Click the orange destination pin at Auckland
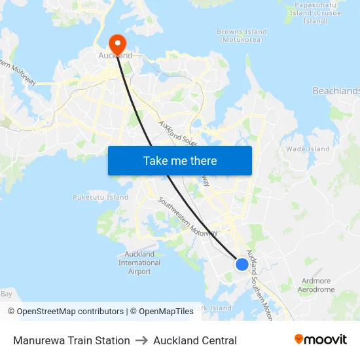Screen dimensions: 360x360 (x=118, y=45)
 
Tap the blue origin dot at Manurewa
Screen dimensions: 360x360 (x=242, y=264)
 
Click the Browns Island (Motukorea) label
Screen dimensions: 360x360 (x=242, y=35)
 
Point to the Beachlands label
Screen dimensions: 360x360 (x=336, y=91)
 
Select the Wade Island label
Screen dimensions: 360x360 (x=308, y=149)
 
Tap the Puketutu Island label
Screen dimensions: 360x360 (x=100, y=197)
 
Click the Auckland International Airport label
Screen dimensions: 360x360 (x=139, y=262)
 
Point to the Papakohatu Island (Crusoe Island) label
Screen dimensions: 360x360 (x=314, y=12)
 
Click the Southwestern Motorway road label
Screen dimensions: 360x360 (x=187, y=217)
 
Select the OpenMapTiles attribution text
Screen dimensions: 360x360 (x=166, y=312)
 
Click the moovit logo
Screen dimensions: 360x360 (x=320, y=340)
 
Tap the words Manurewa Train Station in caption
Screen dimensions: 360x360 (x=71, y=340)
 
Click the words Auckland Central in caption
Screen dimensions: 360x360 (x=195, y=340)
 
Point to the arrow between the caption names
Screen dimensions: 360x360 (x=141, y=340)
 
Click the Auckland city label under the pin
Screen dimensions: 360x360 (x=115, y=56)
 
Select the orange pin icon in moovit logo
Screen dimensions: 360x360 (x=299, y=339)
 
